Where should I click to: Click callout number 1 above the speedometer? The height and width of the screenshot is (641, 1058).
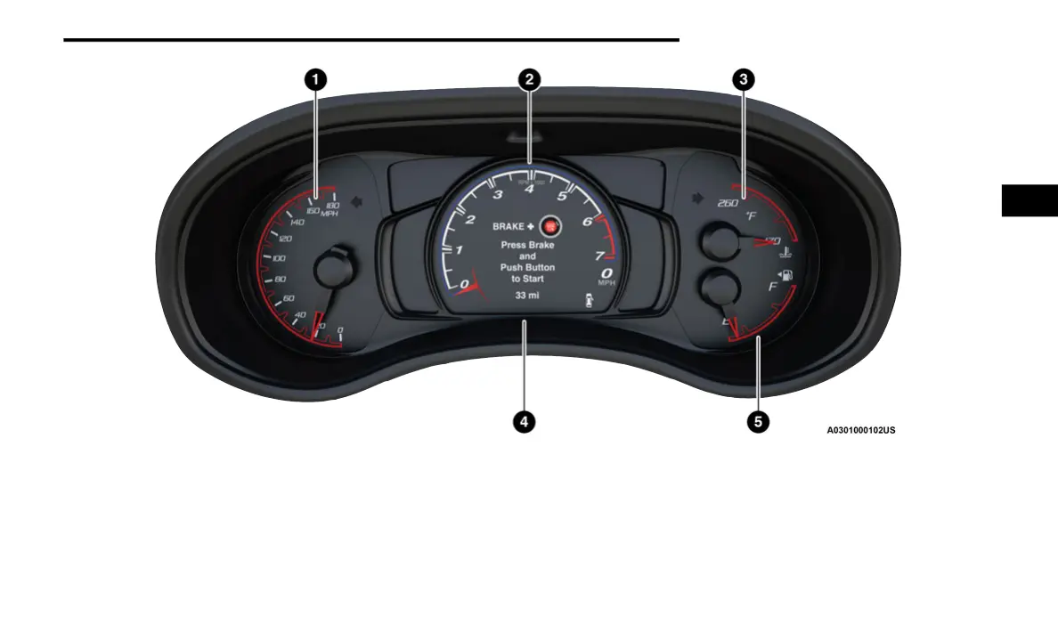click(314, 79)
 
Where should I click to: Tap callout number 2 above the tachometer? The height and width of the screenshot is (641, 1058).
click(529, 79)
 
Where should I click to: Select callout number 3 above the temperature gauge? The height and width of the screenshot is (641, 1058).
click(742, 79)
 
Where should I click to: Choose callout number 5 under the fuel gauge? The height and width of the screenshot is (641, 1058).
click(757, 422)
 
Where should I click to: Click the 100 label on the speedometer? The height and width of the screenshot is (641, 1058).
click(279, 258)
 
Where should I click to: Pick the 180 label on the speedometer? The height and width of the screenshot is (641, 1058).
click(333, 206)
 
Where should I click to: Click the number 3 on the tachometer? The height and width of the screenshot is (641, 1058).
click(498, 195)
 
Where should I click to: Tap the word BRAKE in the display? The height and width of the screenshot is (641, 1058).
click(509, 227)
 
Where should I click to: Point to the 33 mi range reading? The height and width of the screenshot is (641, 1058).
click(527, 295)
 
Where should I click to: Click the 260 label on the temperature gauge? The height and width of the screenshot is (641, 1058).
click(728, 202)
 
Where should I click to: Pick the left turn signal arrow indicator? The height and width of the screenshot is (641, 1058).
click(358, 201)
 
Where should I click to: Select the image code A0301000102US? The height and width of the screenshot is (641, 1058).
click(860, 430)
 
